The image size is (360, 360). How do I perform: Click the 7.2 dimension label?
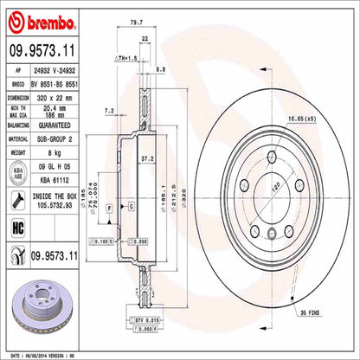pos(109,112)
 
